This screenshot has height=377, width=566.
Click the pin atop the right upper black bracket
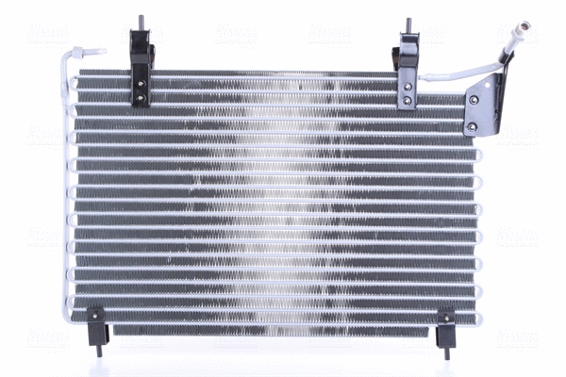point(408,25)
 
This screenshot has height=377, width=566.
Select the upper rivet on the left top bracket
point(141,80)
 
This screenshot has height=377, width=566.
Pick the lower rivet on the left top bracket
point(141,94)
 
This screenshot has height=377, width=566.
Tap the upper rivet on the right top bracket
point(407,86)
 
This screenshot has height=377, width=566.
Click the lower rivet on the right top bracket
point(407,99)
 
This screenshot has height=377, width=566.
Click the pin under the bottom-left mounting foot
point(99,348)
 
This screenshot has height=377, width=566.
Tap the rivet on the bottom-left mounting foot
point(94,314)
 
